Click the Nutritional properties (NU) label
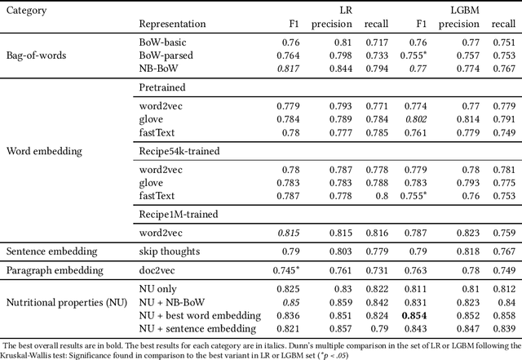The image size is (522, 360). (67, 303)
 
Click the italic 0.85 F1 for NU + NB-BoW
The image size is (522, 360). (290, 302)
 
